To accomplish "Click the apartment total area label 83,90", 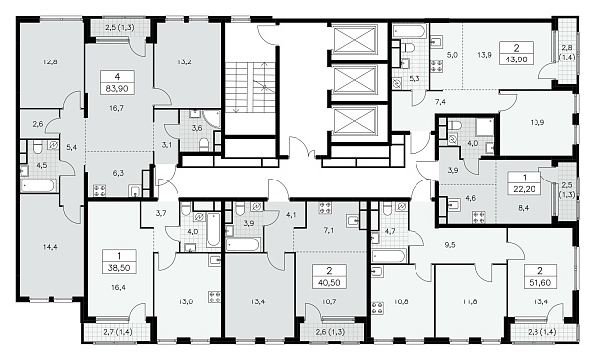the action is point(118,89).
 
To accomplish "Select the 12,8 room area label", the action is point(50,61).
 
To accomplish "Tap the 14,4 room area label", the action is point(50,247).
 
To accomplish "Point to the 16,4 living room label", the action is point(118,288).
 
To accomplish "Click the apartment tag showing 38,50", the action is point(119,261).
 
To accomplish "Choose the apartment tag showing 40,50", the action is point(329,276).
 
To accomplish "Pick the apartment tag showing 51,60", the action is point(540,277).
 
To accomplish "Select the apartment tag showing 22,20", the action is point(524,183).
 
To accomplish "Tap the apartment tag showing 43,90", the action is point(516,54).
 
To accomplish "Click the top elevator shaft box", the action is point(355,38).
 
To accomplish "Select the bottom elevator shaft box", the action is point(355,121).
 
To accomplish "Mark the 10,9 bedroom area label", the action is point(537,122).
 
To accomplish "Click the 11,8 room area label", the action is point(470,301).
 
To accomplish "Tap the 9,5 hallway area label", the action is point(450,245).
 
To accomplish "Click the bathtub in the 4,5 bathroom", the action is point(39,186).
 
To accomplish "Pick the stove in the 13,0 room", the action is point(215,297).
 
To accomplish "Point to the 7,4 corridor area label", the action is point(440,102).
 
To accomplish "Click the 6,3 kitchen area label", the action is point(118,173).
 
